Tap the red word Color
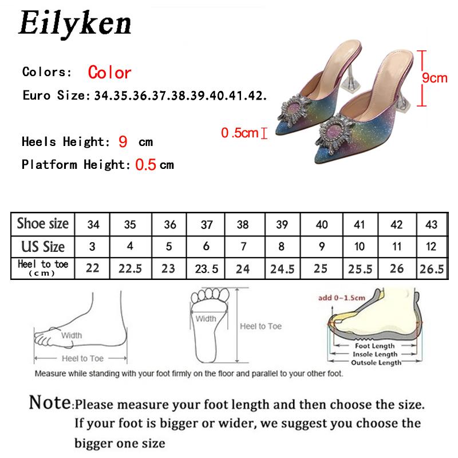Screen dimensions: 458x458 coord(109,73)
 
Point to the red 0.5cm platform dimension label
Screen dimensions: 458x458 coord(240,133)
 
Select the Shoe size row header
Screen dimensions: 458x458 coord(43,223)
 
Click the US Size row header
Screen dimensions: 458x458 coord(43,247)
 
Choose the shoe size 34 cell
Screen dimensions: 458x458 coord(93,224)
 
